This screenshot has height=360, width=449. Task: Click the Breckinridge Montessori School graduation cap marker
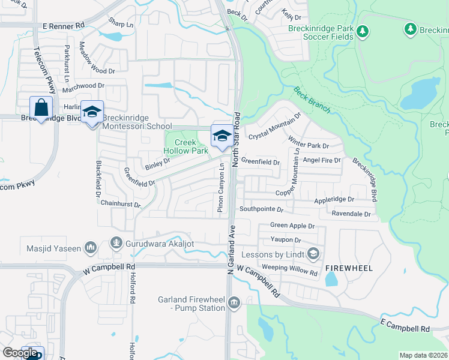pos(92,112)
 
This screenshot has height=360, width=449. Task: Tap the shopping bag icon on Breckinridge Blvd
pos(41,109)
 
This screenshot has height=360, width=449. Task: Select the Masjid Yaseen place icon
pos(91,247)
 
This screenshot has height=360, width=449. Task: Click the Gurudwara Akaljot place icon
pos(116,244)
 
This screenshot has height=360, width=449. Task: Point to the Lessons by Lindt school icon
pos(313,254)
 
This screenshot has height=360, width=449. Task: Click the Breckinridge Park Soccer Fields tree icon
pos(362,30)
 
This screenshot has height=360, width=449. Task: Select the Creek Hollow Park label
pos(186,146)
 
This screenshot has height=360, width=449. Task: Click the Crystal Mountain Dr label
pos(274,126)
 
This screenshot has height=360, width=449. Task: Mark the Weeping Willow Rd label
pos(290,269)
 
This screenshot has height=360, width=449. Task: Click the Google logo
pos(20,353)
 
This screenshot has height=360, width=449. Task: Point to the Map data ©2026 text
pos(424,355)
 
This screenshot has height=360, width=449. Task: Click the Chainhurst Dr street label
pos(121,205)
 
